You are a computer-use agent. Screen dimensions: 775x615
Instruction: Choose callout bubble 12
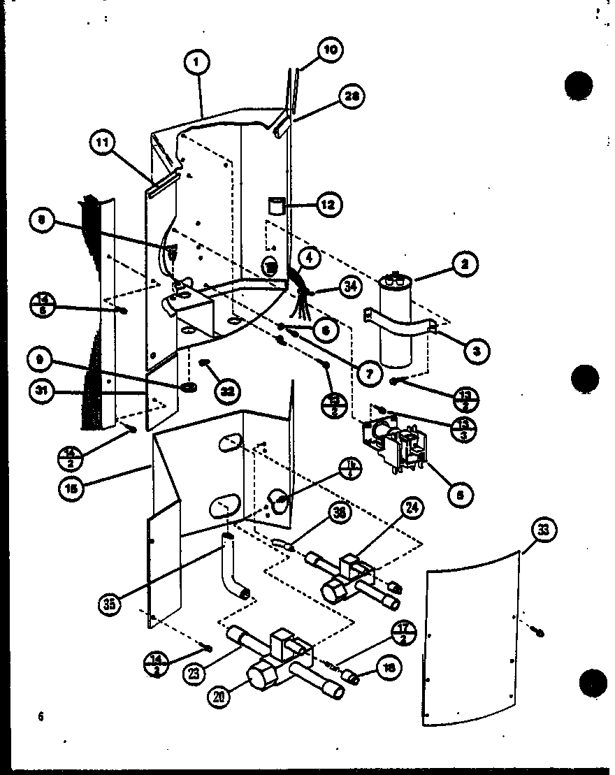[327, 205]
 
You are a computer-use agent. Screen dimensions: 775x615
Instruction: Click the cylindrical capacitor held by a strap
[398, 325]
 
